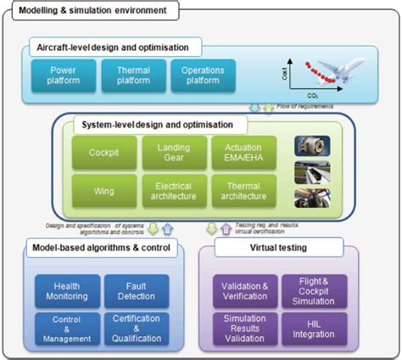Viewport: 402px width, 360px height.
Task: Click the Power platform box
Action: (61, 75)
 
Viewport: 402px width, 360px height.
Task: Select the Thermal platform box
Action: (133, 75)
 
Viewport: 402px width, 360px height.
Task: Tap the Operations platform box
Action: (204, 75)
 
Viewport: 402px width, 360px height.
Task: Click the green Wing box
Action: (105, 191)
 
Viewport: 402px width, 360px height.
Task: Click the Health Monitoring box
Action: (65, 291)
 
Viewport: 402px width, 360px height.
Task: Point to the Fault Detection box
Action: (136, 291)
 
